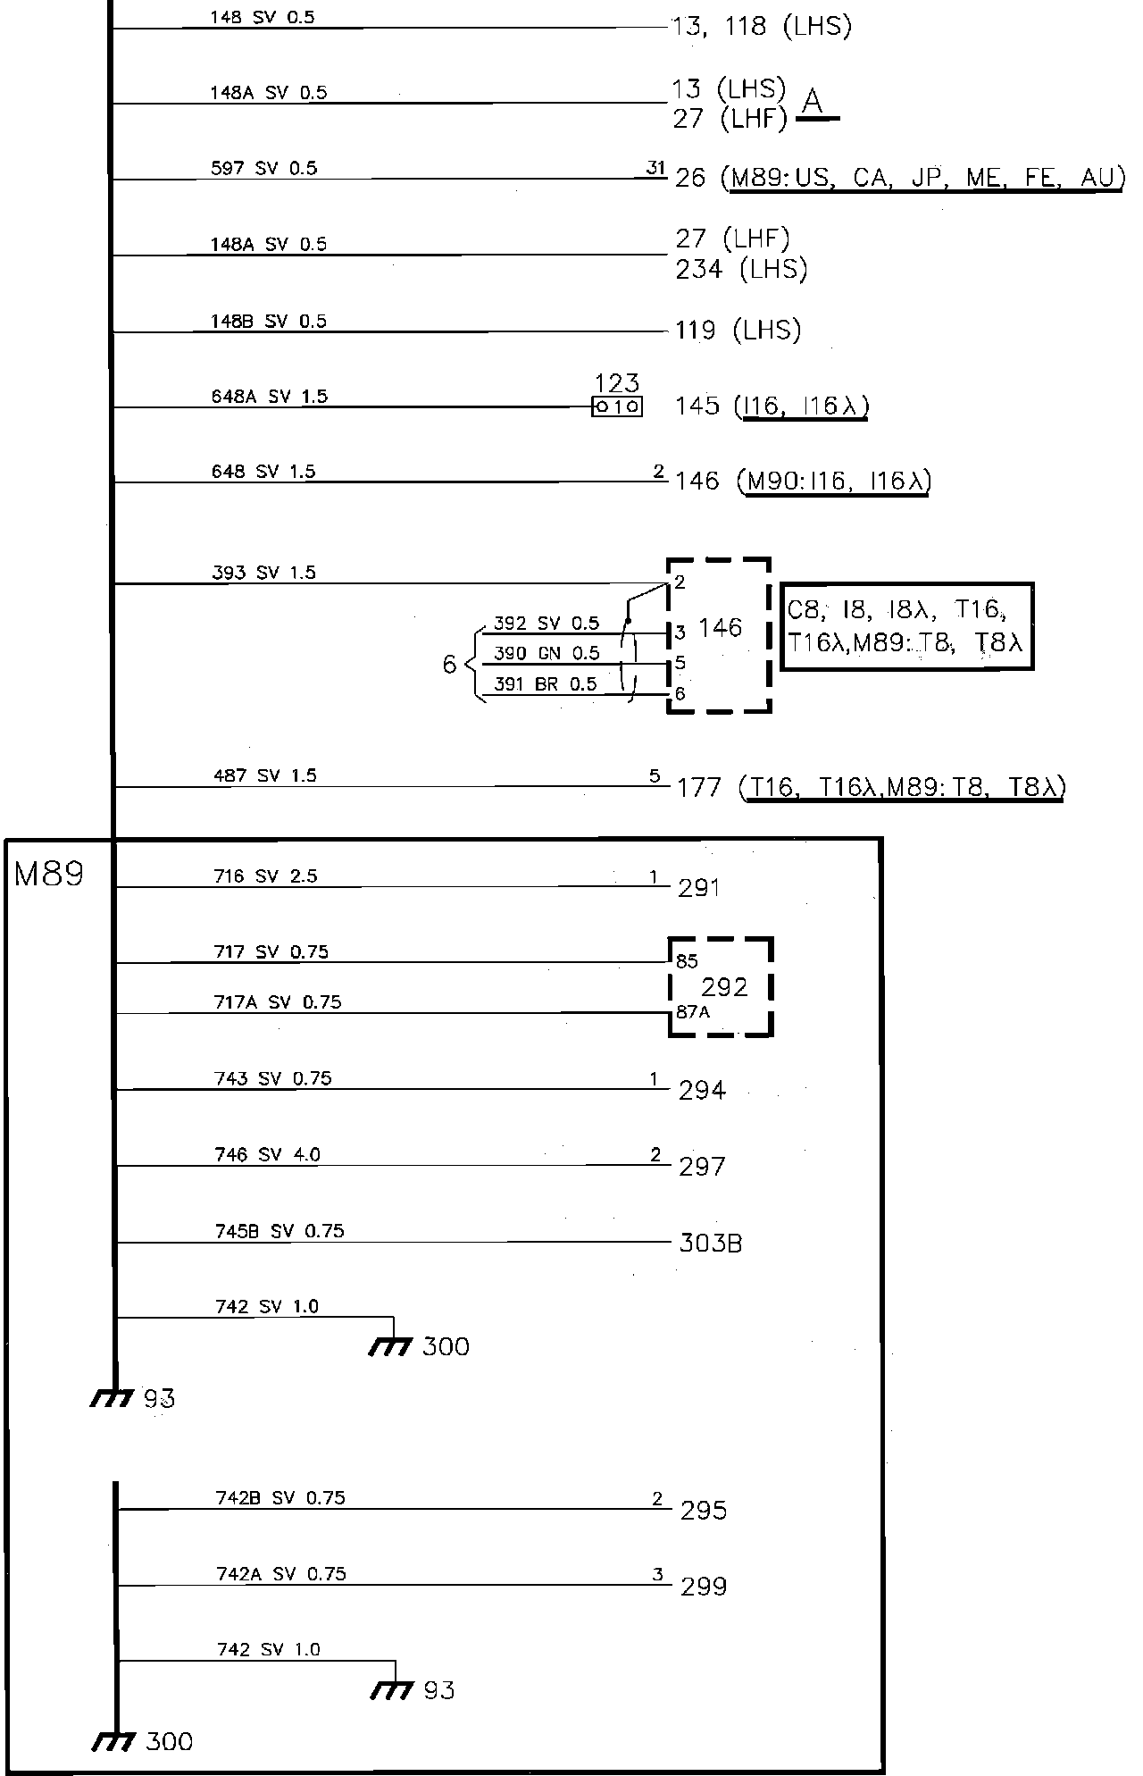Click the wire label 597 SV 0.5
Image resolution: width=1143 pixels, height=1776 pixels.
(263, 168)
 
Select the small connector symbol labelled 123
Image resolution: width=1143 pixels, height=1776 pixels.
(616, 406)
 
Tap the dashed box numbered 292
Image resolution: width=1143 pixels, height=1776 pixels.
(722, 986)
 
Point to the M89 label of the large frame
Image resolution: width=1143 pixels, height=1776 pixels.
(49, 874)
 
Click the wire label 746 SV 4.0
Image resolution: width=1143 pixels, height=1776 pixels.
(267, 1154)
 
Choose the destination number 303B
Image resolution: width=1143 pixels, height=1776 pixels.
(711, 1243)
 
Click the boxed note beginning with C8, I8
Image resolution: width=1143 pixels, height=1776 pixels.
(907, 625)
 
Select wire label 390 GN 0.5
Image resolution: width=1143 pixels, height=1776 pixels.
(546, 653)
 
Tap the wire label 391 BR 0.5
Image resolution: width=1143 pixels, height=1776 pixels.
(545, 684)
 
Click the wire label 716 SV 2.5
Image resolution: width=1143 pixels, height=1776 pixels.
(265, 875)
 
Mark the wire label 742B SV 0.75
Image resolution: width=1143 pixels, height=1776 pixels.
(279, 1497)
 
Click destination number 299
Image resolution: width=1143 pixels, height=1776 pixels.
(704, 1586)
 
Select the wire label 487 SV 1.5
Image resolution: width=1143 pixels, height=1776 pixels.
(264, 775)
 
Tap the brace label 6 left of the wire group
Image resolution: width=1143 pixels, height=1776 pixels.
(449, 664)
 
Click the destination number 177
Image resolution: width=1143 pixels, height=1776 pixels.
(699, 787)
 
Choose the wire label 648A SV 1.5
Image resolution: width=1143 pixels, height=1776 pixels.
(270, 396)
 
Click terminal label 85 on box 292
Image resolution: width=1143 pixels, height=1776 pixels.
(687, 961)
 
